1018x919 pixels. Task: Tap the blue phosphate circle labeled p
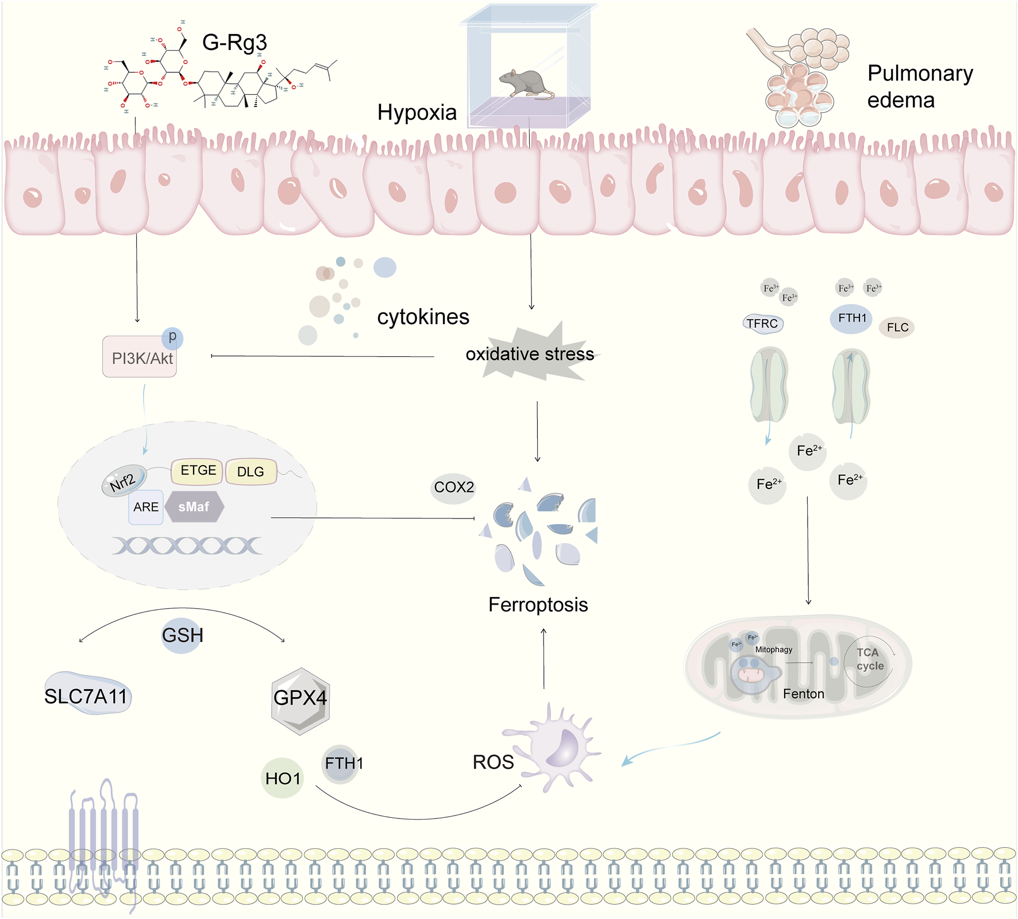click(172, 337)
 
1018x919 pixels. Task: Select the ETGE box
click(197, 471)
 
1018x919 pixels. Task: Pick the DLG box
click(251, 472)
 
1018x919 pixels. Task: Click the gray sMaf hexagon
click(194, 507)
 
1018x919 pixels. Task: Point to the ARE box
click(146, 507)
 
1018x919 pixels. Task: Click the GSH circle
click(182, 635)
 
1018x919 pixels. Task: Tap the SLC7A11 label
click(86, 696)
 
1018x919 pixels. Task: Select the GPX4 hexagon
click(300, 698)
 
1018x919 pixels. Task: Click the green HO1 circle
click(282, 778)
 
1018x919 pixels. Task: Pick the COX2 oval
click(453, 487)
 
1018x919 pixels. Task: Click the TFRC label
click(762, 324)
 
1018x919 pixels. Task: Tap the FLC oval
click(897, 328)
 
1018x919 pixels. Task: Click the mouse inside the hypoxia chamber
click(525, 83)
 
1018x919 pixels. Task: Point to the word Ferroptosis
click(538, 605)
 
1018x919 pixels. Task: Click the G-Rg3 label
click(234, 43)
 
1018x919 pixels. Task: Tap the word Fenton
click(803, 694)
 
